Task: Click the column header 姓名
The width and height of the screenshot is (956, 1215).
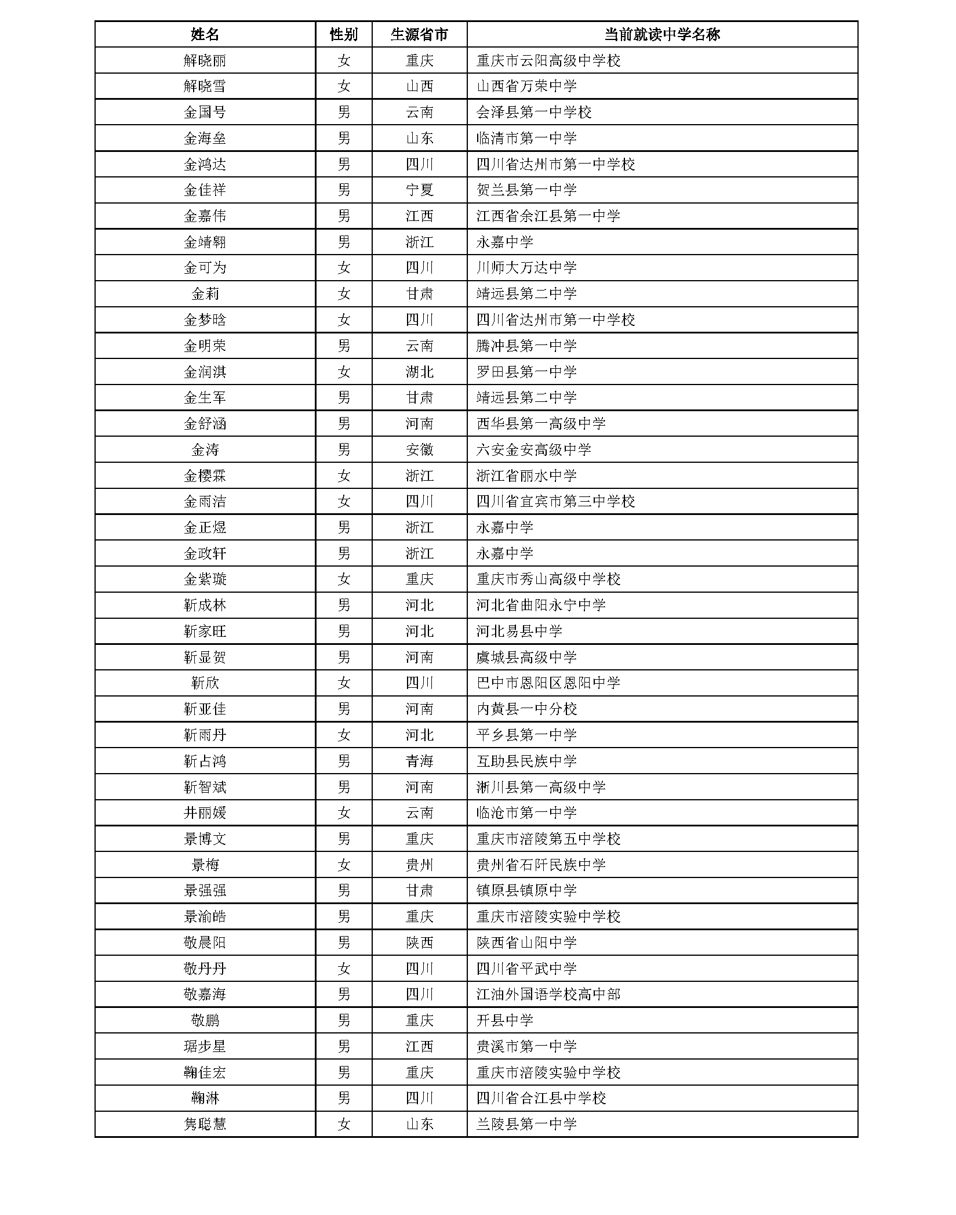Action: (205, 35)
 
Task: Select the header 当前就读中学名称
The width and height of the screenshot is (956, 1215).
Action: (661, 35)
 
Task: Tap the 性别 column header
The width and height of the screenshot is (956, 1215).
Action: (344, 35)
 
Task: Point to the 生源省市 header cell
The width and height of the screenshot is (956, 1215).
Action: (419, 35)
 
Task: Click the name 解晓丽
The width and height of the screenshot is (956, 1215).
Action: (205, 61)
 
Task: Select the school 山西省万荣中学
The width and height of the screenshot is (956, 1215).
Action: (526, 86)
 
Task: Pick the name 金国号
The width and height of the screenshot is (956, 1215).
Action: (205, 113)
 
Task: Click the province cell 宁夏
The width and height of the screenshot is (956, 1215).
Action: (419, 190)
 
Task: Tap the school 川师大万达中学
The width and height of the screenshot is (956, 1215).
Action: (526, 268)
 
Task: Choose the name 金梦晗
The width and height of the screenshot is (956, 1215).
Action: (205, 320)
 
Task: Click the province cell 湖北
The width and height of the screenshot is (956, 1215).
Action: (419, 372)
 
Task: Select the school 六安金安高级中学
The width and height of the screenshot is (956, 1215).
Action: (533, 450)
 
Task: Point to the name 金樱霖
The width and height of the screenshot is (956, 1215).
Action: (205, 476)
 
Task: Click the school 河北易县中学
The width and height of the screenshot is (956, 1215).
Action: (519, 632)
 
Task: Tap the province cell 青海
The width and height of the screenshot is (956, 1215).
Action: (419, 761)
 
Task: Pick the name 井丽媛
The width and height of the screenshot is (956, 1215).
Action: (205, 813)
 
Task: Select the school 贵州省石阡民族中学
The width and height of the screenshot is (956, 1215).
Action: (541, 865)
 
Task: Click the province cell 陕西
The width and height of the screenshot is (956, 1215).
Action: (419, 943)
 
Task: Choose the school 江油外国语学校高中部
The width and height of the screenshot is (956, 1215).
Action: (548, 995)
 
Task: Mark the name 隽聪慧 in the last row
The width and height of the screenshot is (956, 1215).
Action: (205, 1125)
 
